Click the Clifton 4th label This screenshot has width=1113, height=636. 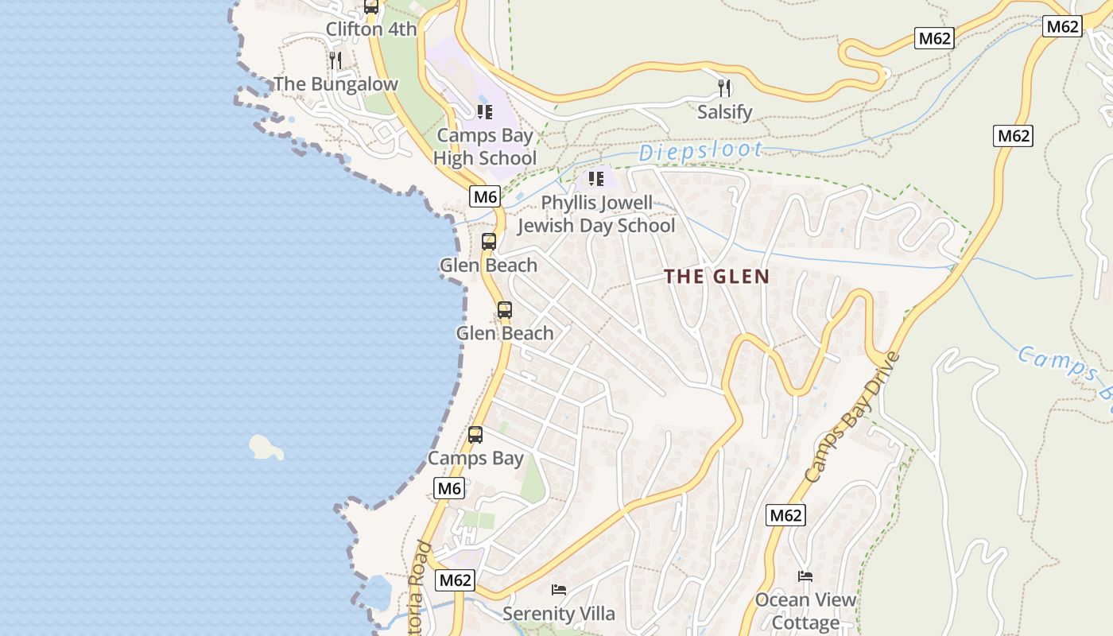[370, 29]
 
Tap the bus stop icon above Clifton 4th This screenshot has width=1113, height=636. [370, 6]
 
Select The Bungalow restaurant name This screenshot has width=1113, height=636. [335, 84]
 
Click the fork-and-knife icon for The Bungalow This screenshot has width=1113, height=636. [335, 60]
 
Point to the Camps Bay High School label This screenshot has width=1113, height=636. [485, 147]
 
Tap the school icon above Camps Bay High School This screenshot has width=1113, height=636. [485, 112]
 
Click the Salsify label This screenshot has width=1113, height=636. [724, 112]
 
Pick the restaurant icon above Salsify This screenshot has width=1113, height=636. [724, 87]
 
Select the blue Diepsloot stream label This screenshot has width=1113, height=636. [700, 151]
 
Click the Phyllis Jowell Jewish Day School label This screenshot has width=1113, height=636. [596, 215]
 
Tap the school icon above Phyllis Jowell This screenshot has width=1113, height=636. [596, 179]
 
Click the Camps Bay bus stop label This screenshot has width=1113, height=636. [475, 459]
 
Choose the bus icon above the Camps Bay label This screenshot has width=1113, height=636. [475, 435]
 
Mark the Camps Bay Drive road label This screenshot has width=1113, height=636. [852, 417]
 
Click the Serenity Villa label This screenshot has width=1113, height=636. [558, 614]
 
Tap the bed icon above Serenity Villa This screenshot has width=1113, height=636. [559, 590]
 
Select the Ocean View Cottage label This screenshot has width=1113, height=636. [805, 611]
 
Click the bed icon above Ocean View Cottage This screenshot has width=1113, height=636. [805, 576]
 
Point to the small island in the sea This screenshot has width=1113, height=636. [266, 448]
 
